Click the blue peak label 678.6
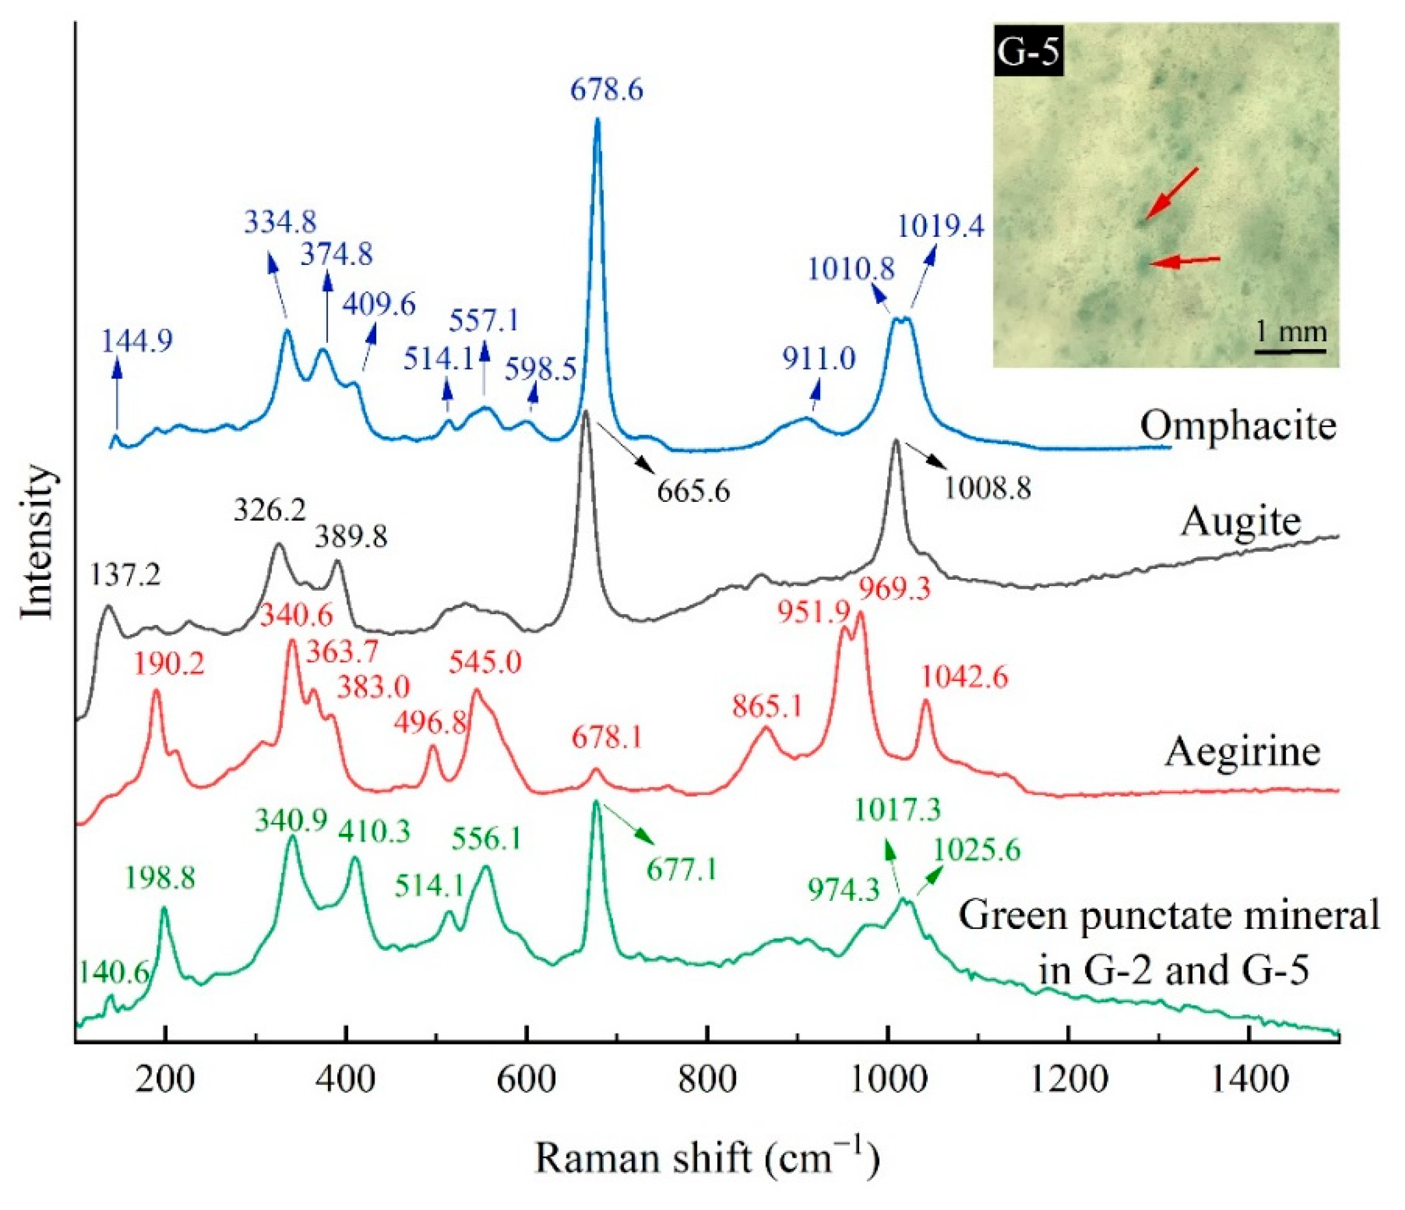coord(606,89)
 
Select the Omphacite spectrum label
coord(1238,426)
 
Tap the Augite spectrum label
coord(1241,522)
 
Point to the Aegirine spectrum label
coord(1242,751)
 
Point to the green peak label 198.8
coord(160,879)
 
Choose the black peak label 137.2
coord(126,576)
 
